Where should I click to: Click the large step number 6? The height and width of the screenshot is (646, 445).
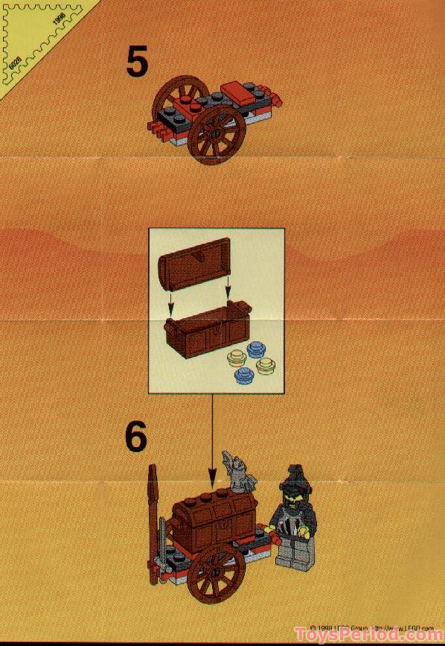coord(136,438)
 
